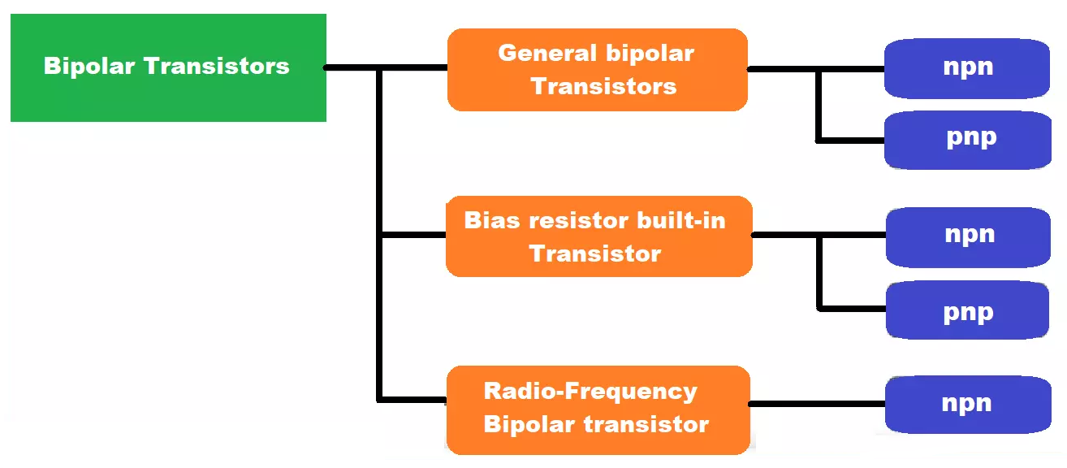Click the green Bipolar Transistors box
(168, 67)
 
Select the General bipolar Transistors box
(597, 70)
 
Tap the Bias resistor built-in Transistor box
(598, 236)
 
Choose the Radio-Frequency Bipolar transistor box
(597, 409)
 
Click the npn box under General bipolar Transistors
(967, 68)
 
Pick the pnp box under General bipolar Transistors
(969, 139)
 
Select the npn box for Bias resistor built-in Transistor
(969, 236)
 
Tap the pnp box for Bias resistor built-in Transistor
(968, 310)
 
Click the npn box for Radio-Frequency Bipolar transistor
(967, 404)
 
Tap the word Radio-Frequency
(590, 392)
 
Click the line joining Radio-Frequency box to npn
(816, 403)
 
